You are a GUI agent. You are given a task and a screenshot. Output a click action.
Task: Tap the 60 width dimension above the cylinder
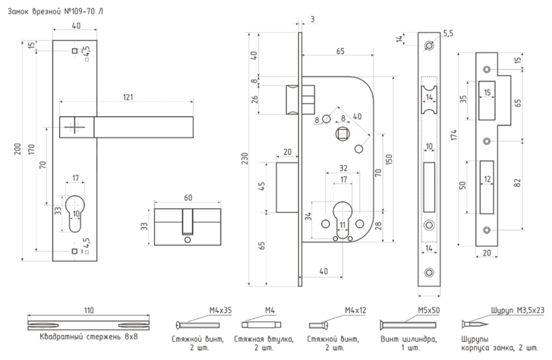[187, 199]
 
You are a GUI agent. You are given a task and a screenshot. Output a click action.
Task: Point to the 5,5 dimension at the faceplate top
[447, 34]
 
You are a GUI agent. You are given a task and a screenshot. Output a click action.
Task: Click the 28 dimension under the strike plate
[485, 251]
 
